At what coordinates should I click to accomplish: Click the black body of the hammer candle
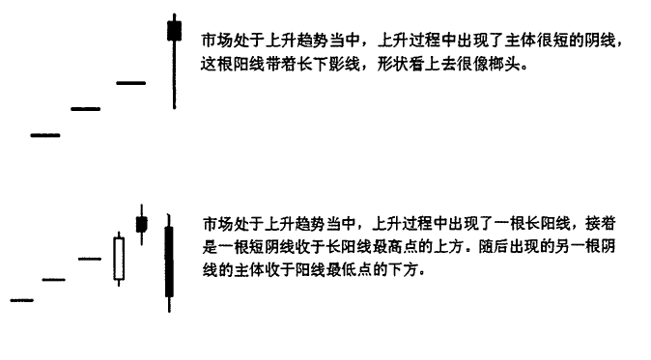click(175, 31)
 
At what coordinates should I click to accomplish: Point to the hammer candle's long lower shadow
click(175, 75)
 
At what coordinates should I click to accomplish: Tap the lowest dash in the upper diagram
click(45, 135)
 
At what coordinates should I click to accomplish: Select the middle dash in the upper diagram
click(86, 109)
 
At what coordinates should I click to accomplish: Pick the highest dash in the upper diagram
click(131, 83)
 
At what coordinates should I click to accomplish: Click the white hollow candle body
click(119, 259)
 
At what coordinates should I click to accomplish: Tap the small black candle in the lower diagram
click(142, 224)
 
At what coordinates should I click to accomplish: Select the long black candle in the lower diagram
click(169, 262)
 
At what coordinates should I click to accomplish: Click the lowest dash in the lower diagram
click(22, 300)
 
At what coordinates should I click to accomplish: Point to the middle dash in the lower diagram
click(53, 280)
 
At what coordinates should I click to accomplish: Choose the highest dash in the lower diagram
click(90, 259)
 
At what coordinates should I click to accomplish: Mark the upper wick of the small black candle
click(142, 210)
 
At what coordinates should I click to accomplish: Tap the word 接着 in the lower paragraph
click(601, 224)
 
